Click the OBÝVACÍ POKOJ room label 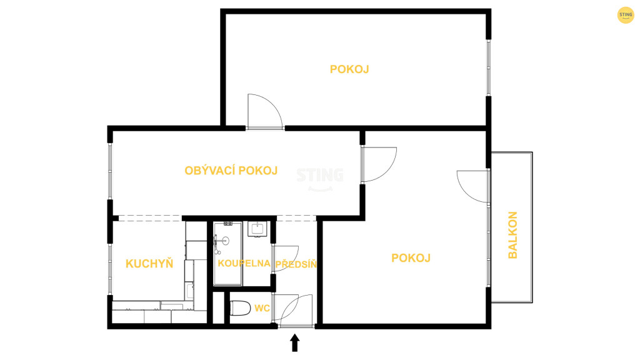pyautogui.click(x=231, y=171)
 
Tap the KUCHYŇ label pyautogui.click(x=149, y=264)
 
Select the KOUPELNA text pyautogui.click(x=244, y=263)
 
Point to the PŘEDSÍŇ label pyautogui.click(x=296, y=264)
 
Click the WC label pyautogui.click(x=262, y=308)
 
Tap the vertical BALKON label pyautogui.click(x=512, y=235)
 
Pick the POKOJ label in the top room pyautogui.click(x=349, y=69)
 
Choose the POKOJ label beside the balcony pyautogui.click(x=411, y=258)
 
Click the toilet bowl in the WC pyautogui.click(x=241, y=308)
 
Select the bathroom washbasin pyautogui.click(x=257, y=229)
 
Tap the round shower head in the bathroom pyautogui.click(x=225, y=241)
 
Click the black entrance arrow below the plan pyautogui.click(x=295, y=343)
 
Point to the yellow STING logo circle pyautogui.click(x=625, y=15)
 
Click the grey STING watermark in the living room pyautogui.click(x=320, y=179)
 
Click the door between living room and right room pyautogui.click(x=379, y=164)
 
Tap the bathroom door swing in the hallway pyautogui.click(x=286, y=259)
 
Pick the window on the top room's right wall pyautogui.click(x=489, y=67)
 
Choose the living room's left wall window pyautogui.click(x=110, y=171)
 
